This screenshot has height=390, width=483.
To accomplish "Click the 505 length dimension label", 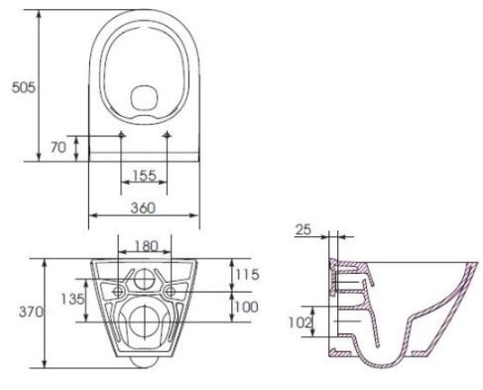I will click(20, 87).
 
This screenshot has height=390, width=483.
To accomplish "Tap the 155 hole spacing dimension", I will click(144, 176).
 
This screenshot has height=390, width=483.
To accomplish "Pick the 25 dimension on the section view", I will click(304, 230).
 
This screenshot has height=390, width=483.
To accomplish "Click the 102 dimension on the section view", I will click(299, 321).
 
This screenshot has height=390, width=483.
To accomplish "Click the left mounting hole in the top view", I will click(121, 134).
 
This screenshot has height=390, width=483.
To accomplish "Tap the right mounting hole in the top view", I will click(167, 134).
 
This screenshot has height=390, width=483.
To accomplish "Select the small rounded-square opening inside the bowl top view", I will click(145, 99).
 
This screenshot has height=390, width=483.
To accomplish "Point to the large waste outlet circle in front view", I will click(145, 320).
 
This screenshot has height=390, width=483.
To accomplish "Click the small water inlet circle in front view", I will click(145, 278).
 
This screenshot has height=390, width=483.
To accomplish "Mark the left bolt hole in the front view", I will click(118, 291).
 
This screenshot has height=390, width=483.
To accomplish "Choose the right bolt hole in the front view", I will click(172, 291).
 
